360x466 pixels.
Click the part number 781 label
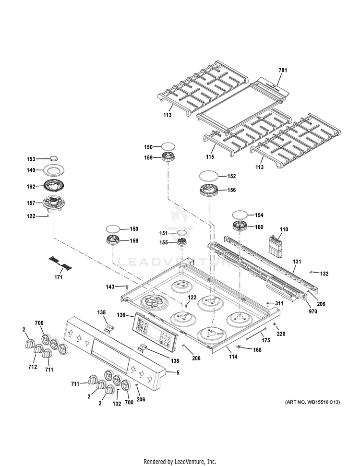click(283, 71)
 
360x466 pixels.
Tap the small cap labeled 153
click(54, 159)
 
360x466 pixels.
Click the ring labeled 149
click(54, 169)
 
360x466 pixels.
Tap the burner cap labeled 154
click(241, 215)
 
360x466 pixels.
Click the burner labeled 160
click(241, 227)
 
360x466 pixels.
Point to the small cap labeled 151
click(182, 233)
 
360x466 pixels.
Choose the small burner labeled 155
click(182, 242)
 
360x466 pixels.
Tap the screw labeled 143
click(127, 287)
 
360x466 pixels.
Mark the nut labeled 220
click(274, 326)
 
